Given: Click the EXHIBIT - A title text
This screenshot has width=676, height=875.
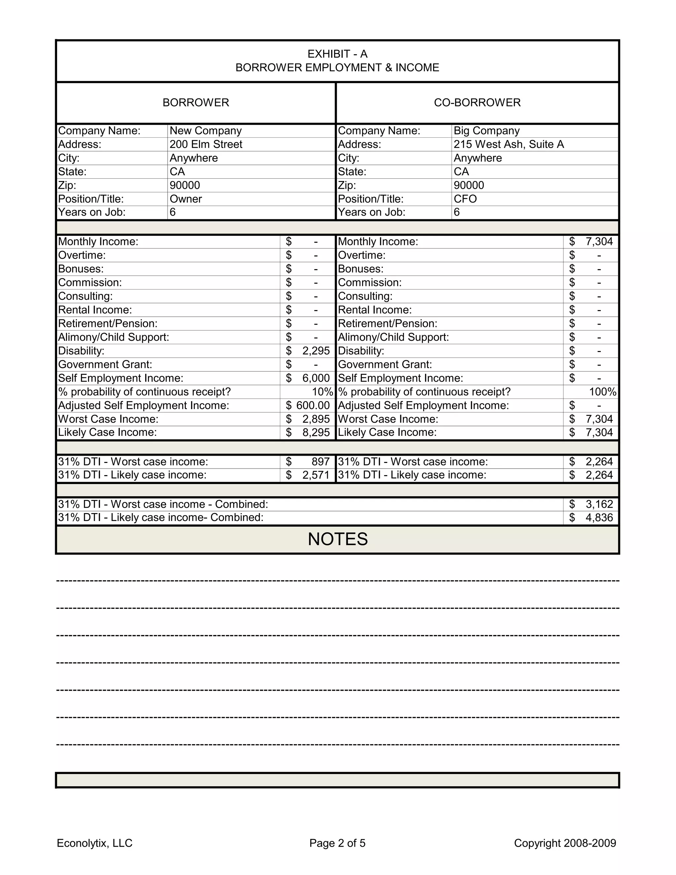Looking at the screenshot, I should [x=337, y=54].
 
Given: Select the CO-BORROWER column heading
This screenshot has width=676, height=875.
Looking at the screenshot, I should [x=477, y=103].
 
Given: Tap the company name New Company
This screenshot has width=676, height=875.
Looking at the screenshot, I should [x=205, y=131].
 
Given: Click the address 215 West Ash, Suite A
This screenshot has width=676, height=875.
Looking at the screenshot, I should [x=508, y=144].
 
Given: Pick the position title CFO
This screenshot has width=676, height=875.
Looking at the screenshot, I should [x=465, y=199].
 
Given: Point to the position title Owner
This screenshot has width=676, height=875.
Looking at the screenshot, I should [x=186, y=199].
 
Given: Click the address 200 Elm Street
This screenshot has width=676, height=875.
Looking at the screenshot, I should [x=206, y=144].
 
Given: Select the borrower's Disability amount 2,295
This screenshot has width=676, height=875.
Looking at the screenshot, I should [x=316, y=351].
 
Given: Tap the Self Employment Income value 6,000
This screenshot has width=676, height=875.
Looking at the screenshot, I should [x=316, y=378].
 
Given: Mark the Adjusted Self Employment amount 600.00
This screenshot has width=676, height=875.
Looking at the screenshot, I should [x=313, y=405].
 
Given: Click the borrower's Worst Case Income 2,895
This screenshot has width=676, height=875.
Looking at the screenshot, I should [x=316, y=419].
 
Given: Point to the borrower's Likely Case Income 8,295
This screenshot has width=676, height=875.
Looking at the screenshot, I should [x=316, y=432].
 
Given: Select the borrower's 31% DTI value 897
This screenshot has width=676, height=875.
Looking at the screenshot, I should [x=321, y=462].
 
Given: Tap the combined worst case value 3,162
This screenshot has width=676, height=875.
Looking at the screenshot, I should [x=599, y=504].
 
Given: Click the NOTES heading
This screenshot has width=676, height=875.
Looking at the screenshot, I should [x=338, y=539].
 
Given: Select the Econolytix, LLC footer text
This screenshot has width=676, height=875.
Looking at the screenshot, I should [x=94, y=843].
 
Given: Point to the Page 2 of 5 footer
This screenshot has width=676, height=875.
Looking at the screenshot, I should [x=337, y=843].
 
